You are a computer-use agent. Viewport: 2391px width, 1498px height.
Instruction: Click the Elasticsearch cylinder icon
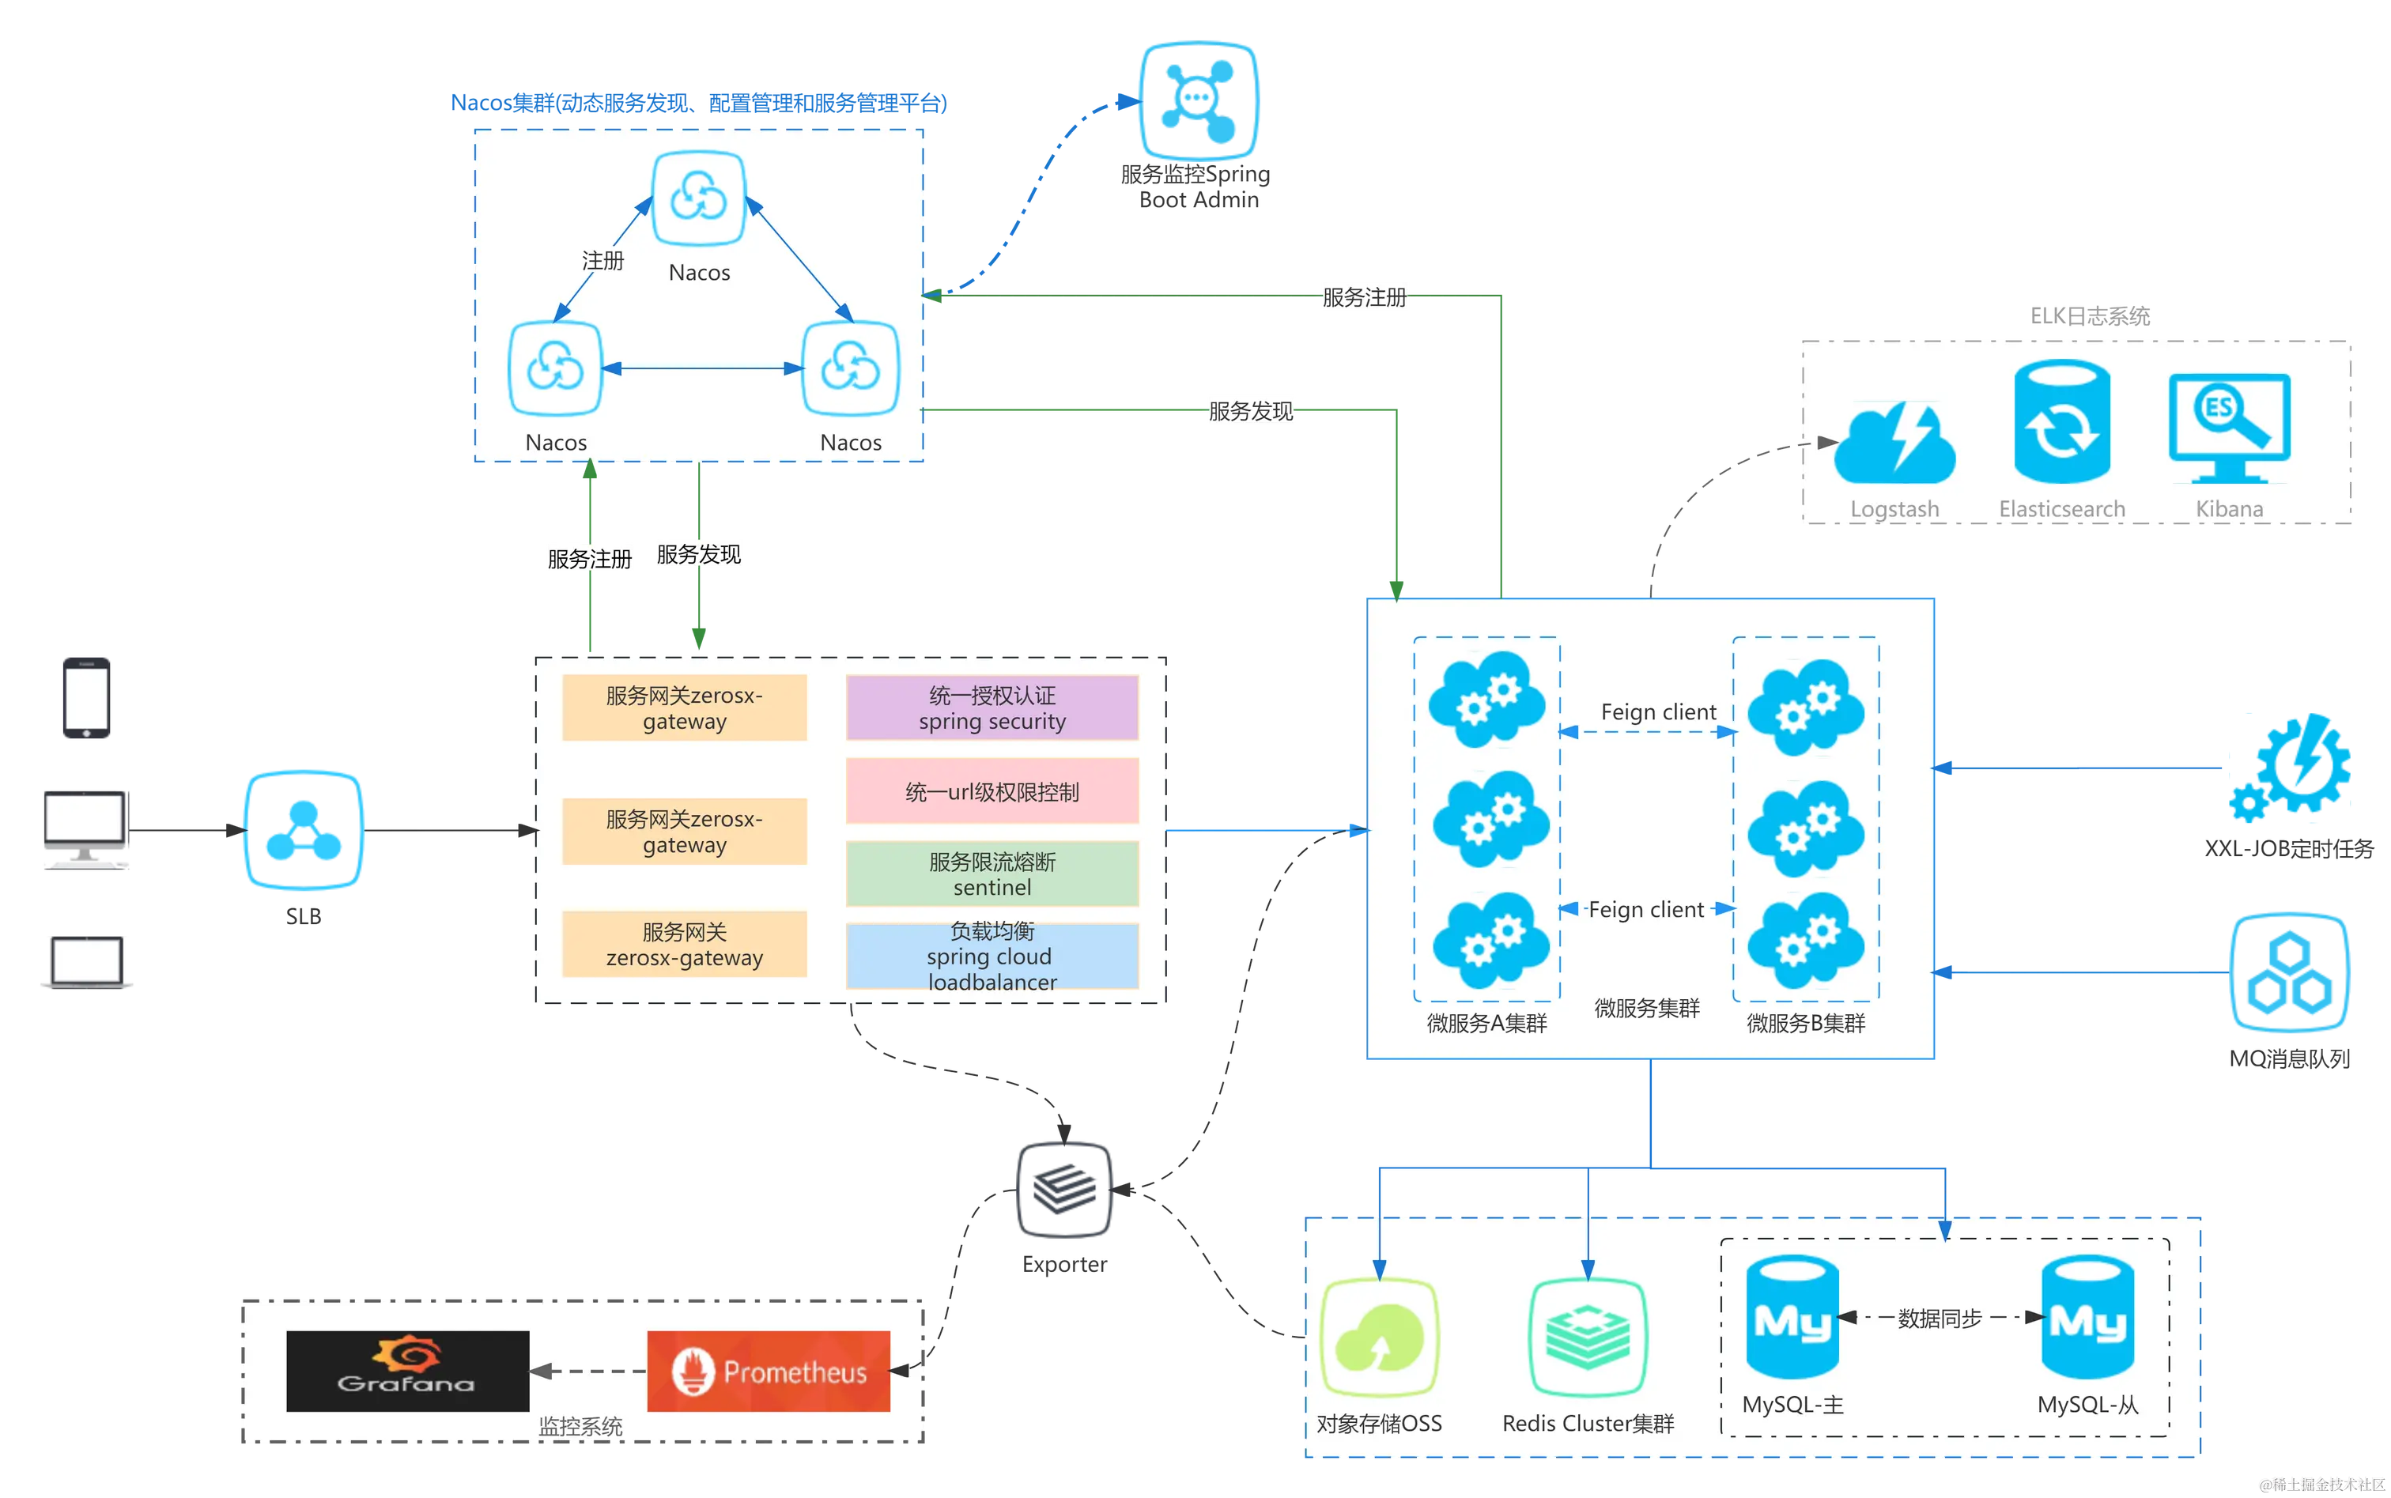[x=2061, y=424]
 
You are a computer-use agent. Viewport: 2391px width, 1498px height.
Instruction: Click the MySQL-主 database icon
[x=1792, y=1317]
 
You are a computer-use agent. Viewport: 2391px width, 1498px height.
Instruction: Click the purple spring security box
[x=992, y=707]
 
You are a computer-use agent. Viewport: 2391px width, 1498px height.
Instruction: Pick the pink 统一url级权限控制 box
[x=992, y=791]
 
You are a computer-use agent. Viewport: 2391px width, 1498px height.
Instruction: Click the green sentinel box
[x=992, y=874]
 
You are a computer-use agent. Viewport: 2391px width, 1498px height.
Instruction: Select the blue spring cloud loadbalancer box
[x=992, y=956]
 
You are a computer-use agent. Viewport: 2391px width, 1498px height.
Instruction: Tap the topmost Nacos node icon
[x=699, y=198]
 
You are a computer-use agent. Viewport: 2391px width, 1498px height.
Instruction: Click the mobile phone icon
[x=85, y=699]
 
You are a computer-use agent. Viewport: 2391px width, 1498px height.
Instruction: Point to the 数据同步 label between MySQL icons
[x=1940, y=1319]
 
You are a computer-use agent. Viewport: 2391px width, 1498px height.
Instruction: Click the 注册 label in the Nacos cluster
[x=602, y=261]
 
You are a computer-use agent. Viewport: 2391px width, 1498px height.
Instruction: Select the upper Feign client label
[x=1658, y=711]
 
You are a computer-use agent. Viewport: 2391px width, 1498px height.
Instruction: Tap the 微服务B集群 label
[x=1805, y=1024]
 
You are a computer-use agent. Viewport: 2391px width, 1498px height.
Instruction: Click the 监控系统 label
[x=580, y=1426]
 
